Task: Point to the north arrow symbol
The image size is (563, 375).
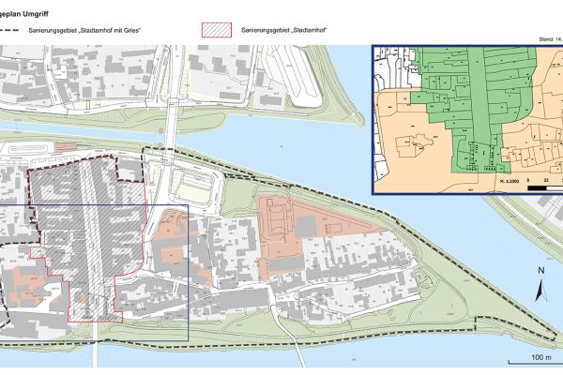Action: pyautogui.click(x=540, y=289)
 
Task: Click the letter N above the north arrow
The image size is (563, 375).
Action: pyautogui.click(x=540, y=271)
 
